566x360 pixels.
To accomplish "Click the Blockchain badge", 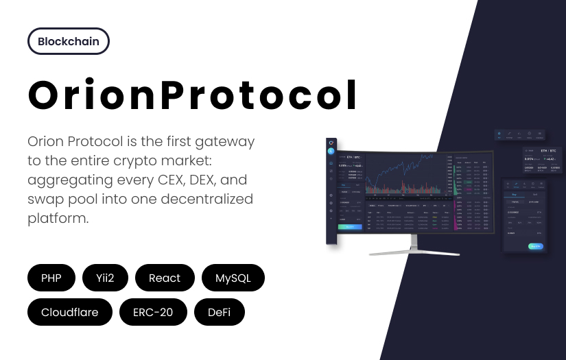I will click(69, 41).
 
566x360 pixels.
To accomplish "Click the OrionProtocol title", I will click(193, 95).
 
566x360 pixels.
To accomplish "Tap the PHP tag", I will click(51, 278).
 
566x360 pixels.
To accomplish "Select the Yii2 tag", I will click(104, 278).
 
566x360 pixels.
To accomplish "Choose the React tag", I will click(165, 278).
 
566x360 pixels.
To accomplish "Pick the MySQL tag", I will click(233, 278).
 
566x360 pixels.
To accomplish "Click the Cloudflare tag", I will click(69, 312).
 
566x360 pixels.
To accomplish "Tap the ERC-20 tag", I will click(153, 312).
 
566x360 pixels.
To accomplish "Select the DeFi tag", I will click(220, 312).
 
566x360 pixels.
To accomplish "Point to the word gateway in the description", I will click(224, 142).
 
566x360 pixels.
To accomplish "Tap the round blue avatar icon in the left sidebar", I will click(331, 151).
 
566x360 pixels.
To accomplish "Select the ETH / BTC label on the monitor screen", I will click(353, 157).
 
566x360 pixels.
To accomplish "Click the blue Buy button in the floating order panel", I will click(535, 246).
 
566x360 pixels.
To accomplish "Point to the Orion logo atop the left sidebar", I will click(331, 142).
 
